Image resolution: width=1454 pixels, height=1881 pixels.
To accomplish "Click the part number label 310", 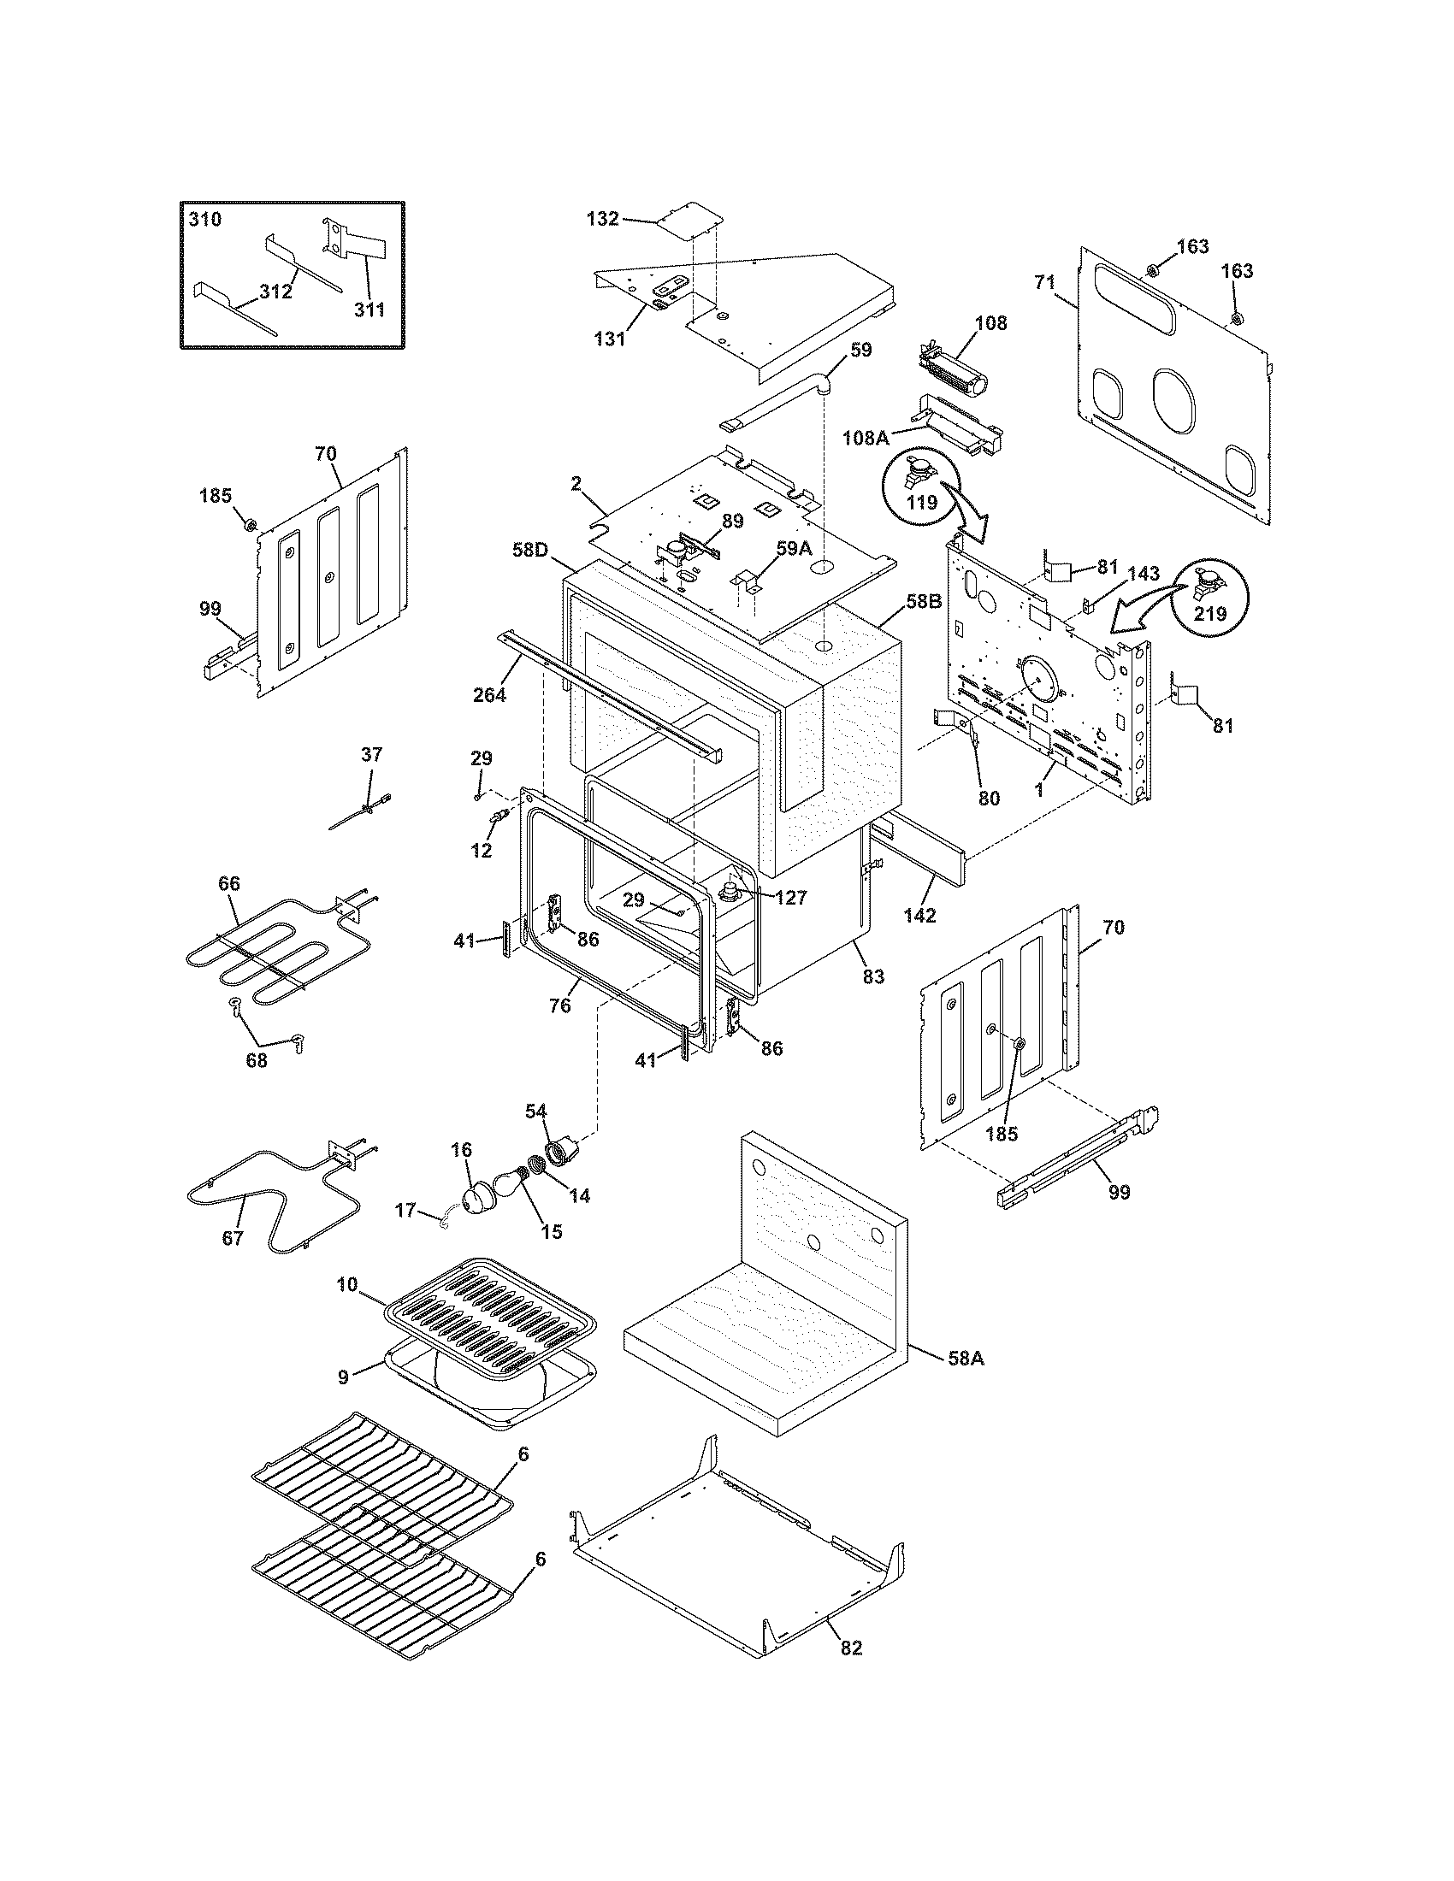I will [x=205, y=220].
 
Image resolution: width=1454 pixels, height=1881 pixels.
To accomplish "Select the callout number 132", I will [x=602, y=219].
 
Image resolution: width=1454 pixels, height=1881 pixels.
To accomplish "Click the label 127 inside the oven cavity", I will [x=790, y=899].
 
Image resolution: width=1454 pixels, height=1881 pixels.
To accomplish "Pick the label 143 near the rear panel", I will [x=1143, y=574].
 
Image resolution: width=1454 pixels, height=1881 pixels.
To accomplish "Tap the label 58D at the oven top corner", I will [x=530, y=549].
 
